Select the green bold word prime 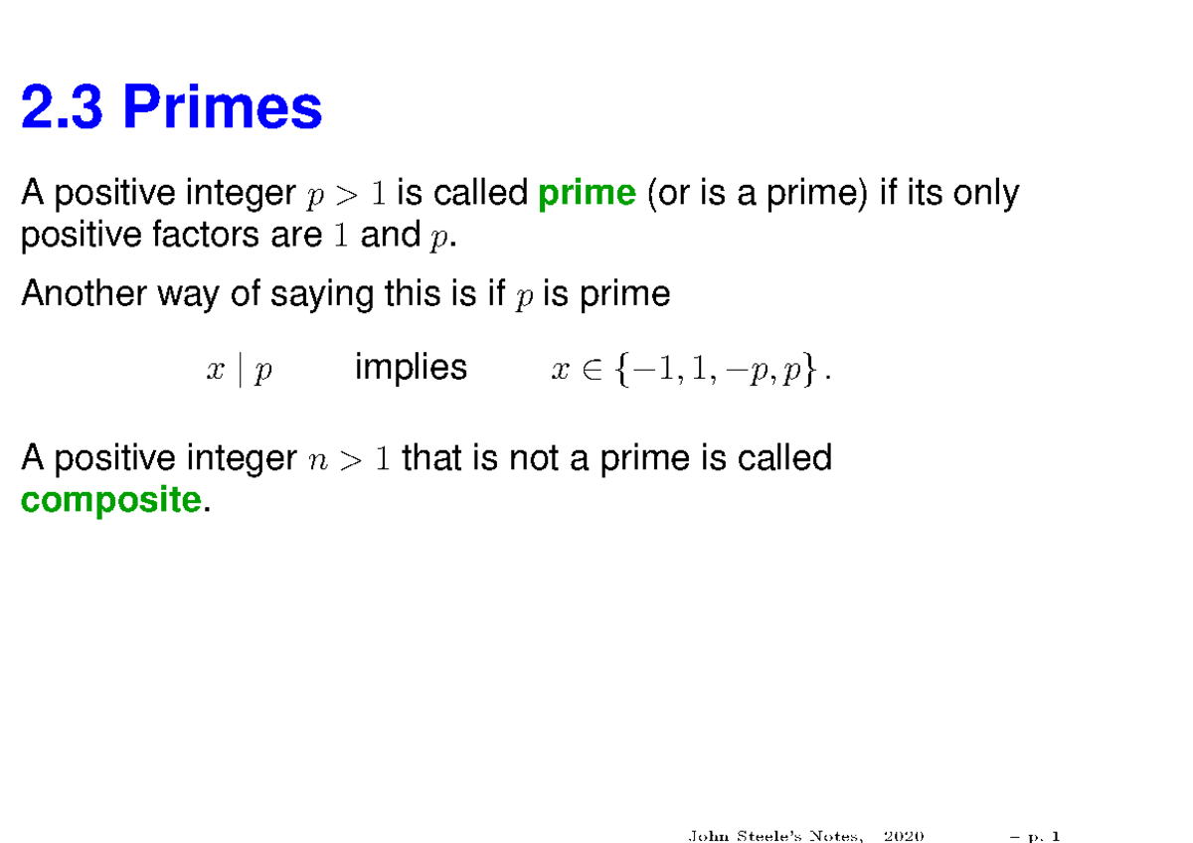586,192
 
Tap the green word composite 110,500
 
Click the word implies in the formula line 411,368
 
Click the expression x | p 239,371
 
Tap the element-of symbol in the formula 591,371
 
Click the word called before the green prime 480,192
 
